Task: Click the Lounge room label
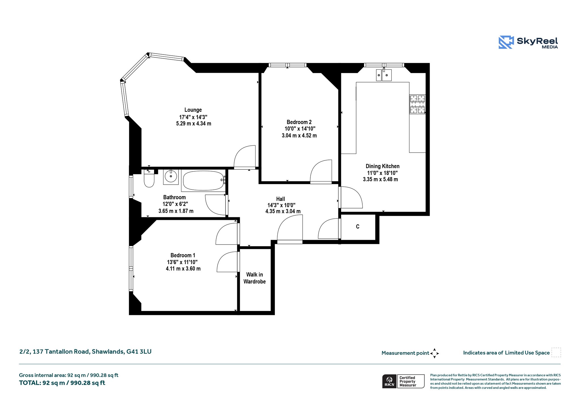click(193, 110)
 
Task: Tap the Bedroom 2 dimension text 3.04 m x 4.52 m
click(299, 135)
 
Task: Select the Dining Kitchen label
click(383, 166)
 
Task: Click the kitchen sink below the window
click(384, 75)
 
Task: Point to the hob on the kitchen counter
click(417, 104)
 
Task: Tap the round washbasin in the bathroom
click(171, 177)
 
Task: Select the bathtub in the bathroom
click(203, 180)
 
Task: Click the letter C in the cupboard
click(357, 227)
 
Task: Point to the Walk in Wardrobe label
click(255, 278)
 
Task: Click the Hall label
click(280, 199)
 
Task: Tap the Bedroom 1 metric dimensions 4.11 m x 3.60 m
click(183, 269)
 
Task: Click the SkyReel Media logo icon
click(506, 42)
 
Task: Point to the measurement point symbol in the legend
click(434, 353)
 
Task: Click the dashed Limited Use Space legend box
click(556, 352)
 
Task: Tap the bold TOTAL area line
click(62, 383)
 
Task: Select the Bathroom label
click(174, 197)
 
